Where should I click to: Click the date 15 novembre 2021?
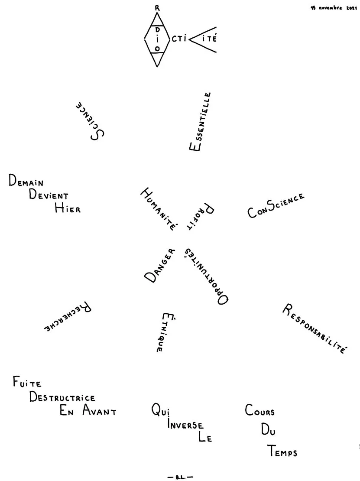334,8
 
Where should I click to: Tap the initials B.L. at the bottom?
181,477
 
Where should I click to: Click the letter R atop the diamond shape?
157,8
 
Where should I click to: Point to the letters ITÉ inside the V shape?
210,39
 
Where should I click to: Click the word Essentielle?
200,121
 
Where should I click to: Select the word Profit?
201,216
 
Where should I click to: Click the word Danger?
159,265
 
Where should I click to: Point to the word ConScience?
276,205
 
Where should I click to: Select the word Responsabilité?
315,328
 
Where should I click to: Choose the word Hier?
68,208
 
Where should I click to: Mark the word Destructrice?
62,397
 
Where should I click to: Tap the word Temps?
282,451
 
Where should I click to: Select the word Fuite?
27,382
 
